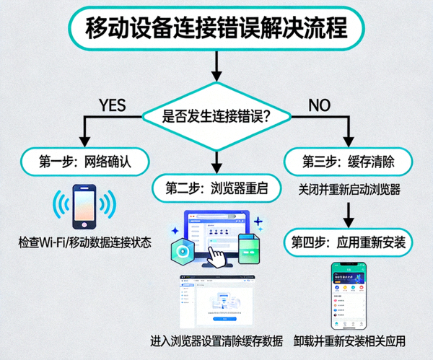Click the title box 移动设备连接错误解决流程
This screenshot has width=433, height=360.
216,30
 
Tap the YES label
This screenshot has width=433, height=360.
112,105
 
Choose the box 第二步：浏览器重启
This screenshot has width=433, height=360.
216,189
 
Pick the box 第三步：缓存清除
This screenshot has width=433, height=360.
349,159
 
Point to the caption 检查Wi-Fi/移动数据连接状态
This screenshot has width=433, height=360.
85,242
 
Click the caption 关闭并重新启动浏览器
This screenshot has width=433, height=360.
349,190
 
